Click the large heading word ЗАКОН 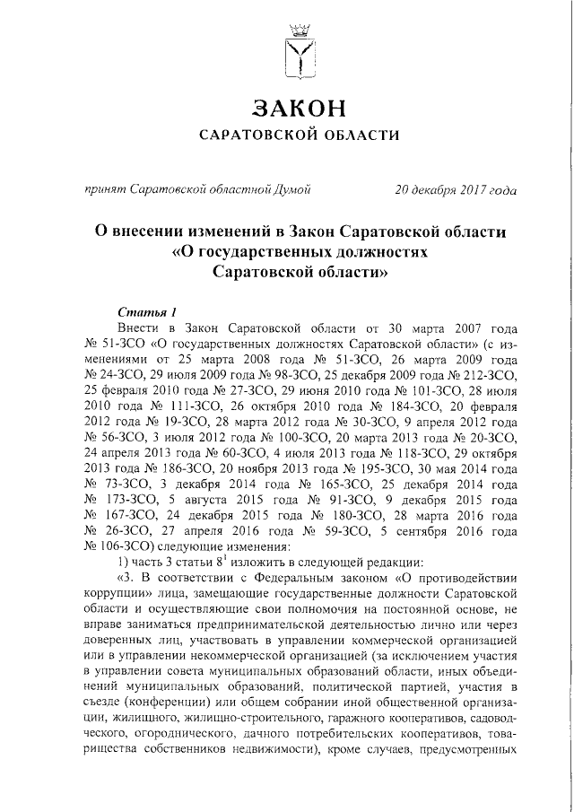pos(299,108)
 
